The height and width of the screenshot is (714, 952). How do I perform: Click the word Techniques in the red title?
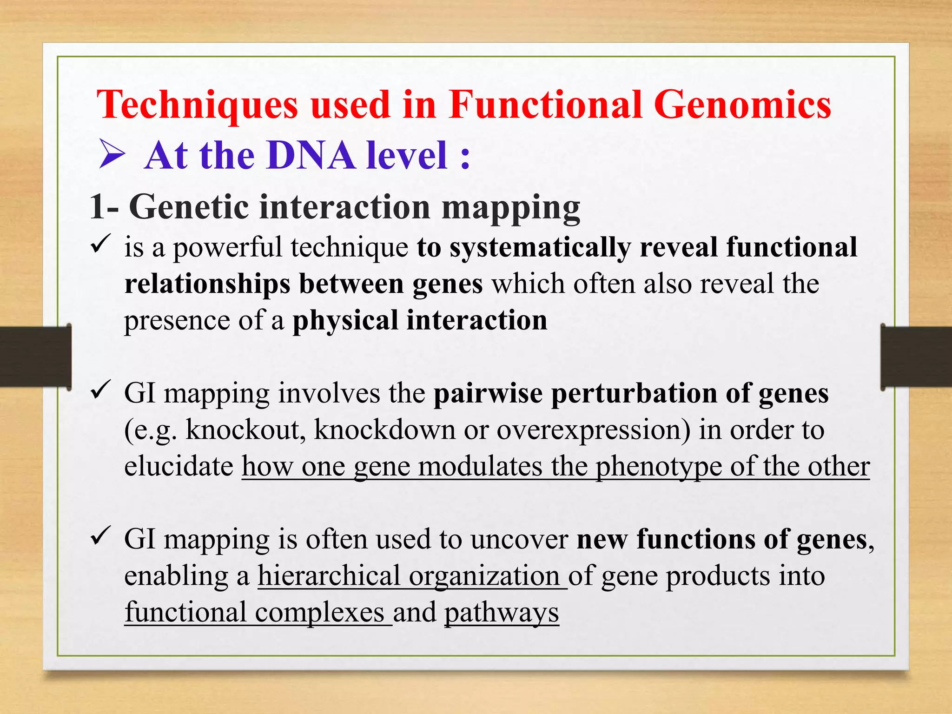(198, 106)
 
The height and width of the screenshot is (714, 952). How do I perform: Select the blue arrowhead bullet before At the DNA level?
(112, 156)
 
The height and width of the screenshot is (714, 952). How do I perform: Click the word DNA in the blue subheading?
(311, 156)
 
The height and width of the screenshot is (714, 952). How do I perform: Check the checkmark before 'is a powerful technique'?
(100, 244)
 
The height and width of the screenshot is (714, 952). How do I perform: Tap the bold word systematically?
(540, 248)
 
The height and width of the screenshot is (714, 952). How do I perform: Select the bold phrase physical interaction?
(420, 321)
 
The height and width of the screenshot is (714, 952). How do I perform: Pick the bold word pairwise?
(488, 394)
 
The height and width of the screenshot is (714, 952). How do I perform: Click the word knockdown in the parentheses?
(384, 430)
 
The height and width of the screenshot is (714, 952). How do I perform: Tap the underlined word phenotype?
(659, 467)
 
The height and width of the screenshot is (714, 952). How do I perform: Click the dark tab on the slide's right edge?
(916, 357)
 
